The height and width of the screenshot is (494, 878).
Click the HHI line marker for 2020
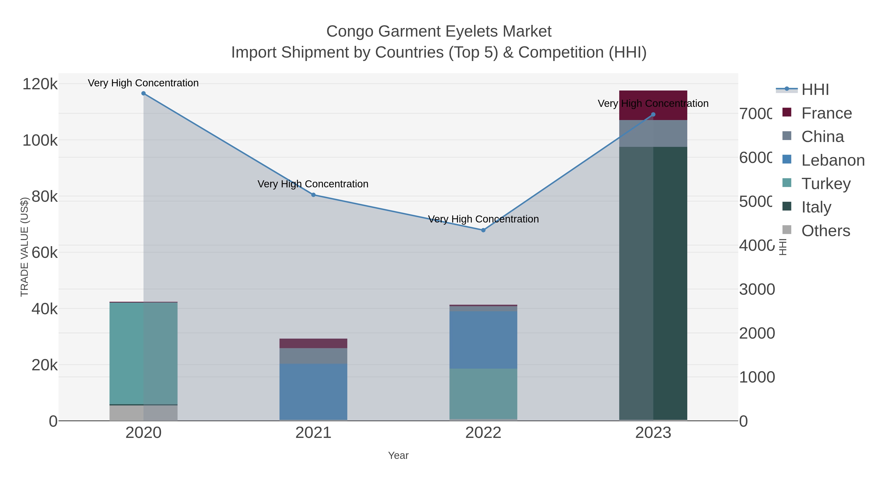pos(143,93)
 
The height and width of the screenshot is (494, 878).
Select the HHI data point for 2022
pos(483,230)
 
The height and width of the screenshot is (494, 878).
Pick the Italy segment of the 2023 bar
pos(653,283)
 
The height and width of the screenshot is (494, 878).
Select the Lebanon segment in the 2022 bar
pos(483,340)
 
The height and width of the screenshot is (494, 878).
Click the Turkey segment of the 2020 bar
pos(143,353)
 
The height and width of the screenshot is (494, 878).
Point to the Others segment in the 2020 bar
pos(143,413)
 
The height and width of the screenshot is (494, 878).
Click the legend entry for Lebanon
pos(833,160)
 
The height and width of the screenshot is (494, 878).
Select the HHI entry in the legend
pos(815,90)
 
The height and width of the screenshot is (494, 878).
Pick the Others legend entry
pos(825,231)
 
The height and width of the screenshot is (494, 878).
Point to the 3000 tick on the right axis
pos(757,289)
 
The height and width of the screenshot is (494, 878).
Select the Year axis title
pos(398,455)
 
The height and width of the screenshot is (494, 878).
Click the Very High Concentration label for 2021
pos(313,184)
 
